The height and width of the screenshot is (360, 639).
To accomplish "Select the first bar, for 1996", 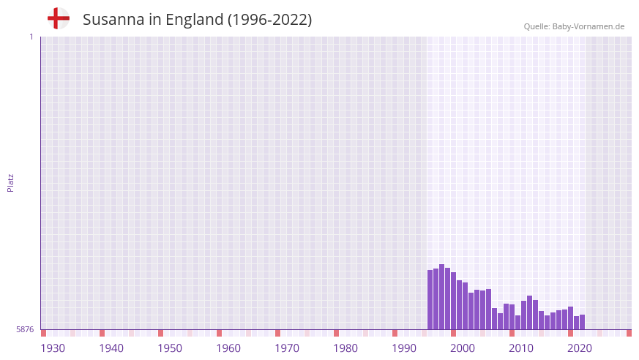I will [x=430, y=300].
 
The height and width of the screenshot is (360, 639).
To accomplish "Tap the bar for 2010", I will [x=512, y=317].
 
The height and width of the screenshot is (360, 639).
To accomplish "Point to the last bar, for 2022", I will [x=582, y=322].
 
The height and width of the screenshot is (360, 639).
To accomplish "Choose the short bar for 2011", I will [x=517, y=322].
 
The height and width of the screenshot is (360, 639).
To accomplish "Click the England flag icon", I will [x=59, y=18].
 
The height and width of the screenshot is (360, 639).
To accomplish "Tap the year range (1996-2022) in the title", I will [x=269, y=20].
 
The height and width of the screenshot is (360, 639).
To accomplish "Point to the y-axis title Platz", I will [x=10, y=182].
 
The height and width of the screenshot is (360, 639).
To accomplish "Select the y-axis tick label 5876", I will [x=25, y=329].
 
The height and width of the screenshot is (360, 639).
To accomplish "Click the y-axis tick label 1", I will [x=31, y=37].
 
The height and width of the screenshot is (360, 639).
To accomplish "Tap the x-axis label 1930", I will [x=53, y=348].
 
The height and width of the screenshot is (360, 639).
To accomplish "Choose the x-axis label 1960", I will [x=228, y=348].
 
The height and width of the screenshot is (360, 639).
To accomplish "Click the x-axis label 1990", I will [x=404, y=348].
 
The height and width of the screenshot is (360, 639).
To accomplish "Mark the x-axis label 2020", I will [x=580, y=348].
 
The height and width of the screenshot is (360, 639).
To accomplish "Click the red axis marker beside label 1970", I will [x=277, y=333].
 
